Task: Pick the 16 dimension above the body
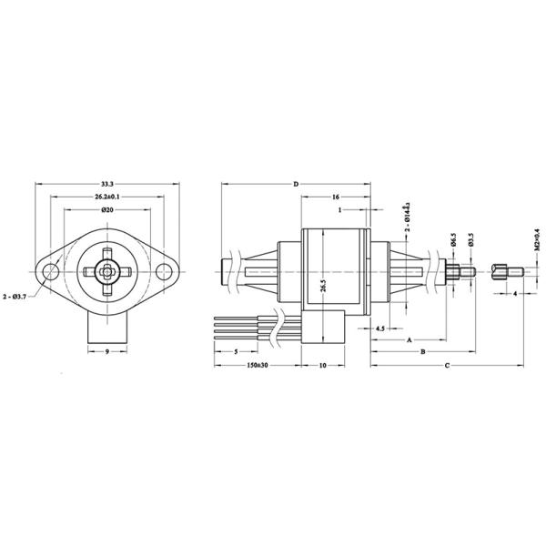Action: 336,196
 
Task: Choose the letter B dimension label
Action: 422,351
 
